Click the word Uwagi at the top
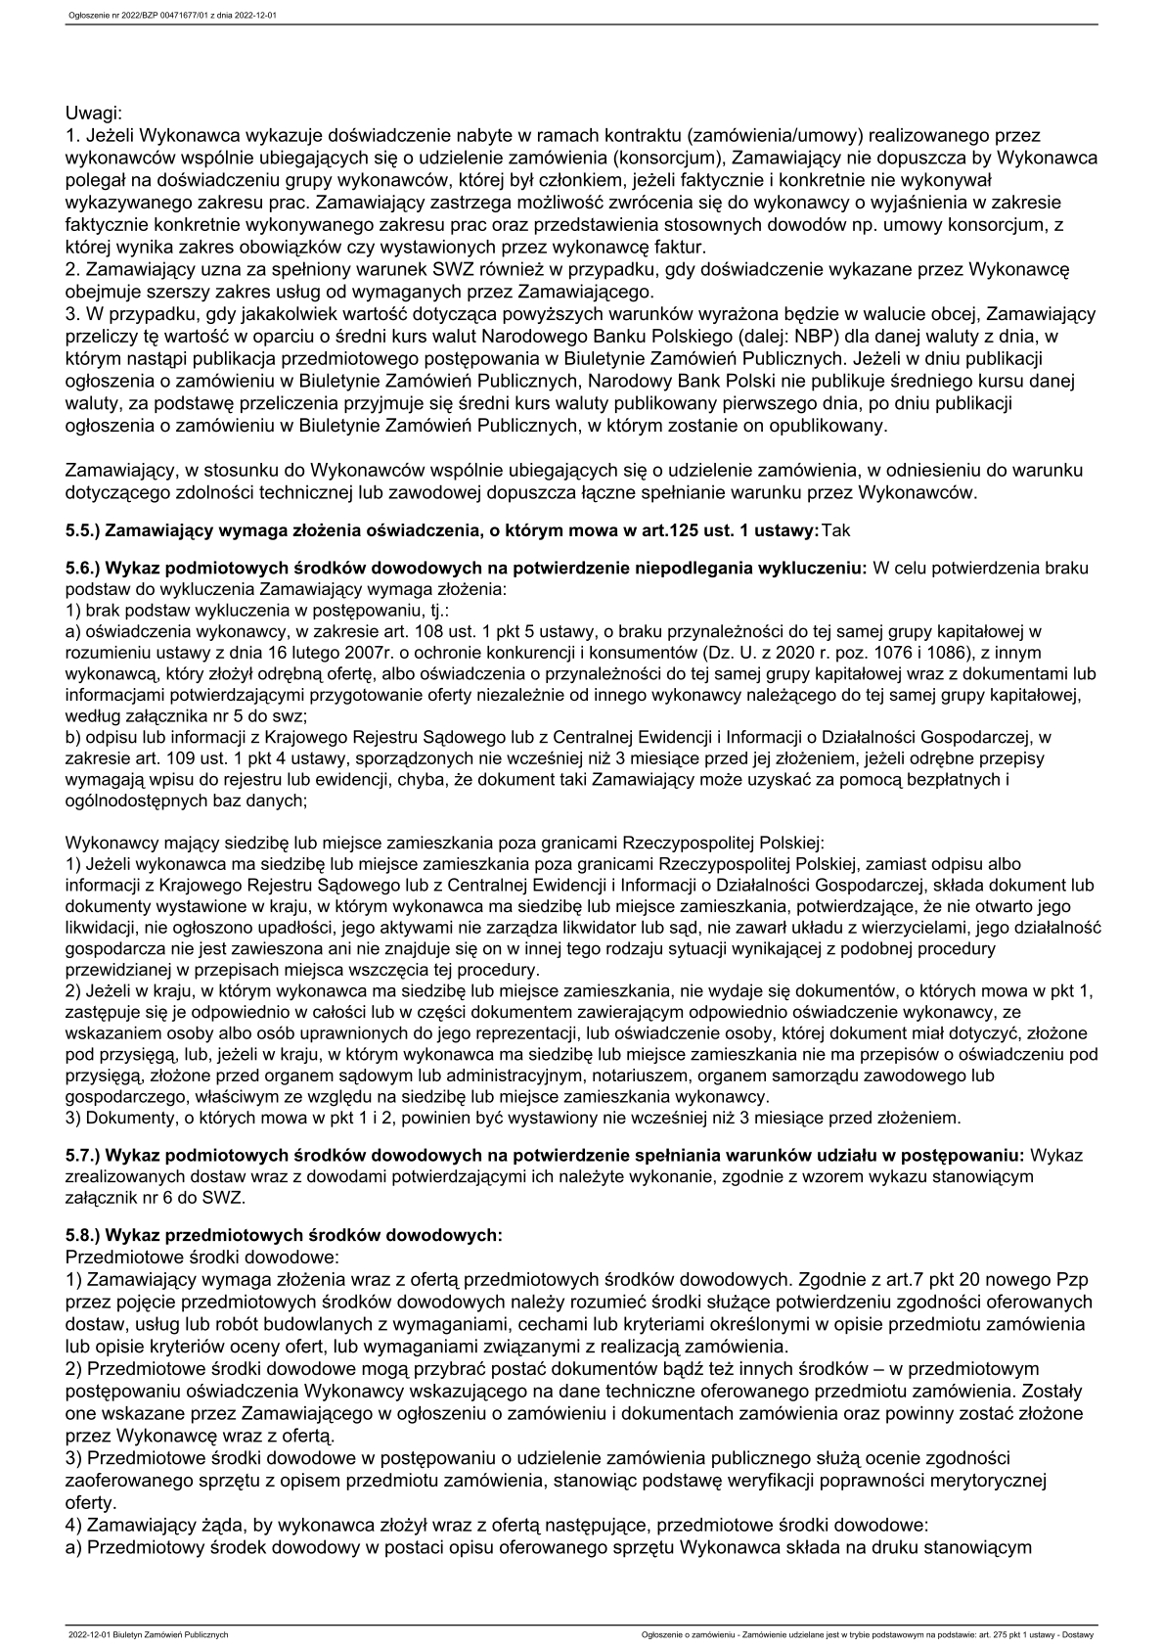[93, 114]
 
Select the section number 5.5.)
[82, 530]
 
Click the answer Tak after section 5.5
[837, 530]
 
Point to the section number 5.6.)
[82, 569]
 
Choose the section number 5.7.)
[82, 1156]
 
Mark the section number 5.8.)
[82, 1235]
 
